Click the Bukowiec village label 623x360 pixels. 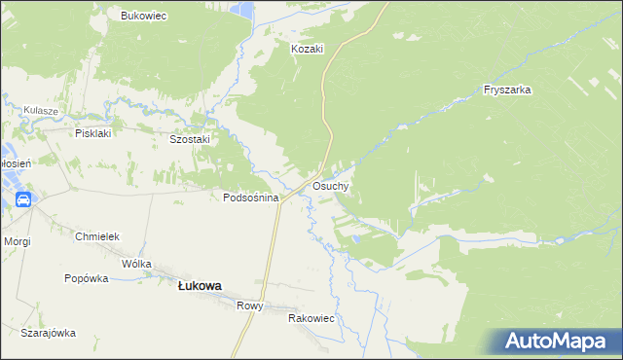tap(144, 16)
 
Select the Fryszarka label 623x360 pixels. tap(506, 90)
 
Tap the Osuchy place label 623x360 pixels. tap(331, 185)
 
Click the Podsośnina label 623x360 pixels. tap(251, 198)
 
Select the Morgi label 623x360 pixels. tap(17, 240)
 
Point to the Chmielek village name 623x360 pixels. tap(96, 236)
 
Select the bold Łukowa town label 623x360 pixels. tap(199, 286)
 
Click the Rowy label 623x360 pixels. tap(249, 306)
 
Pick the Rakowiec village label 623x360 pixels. tap(311, 318)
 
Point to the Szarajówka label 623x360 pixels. tap(49, 333)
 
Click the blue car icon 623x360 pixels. tap(22, 200)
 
